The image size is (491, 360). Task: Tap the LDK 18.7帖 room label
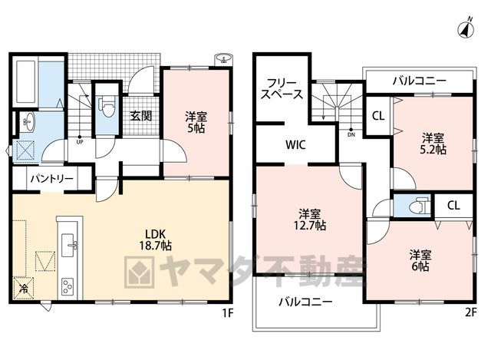(x=155, y=239)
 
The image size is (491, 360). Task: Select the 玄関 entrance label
(x=141, y=116)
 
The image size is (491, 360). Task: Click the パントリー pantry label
(x=51, y=179)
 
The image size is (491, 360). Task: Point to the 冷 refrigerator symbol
(x=24, y=289)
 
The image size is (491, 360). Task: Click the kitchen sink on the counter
(x=68, y=245)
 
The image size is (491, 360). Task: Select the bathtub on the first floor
(x=26, y=81)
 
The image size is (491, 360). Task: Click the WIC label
(x=295, y=145)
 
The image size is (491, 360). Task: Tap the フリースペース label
(x=282, y=88)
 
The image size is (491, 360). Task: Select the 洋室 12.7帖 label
(x=309, y=220)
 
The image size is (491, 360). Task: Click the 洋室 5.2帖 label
(x=433, y=144)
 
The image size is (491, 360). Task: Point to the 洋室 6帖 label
(x=420, y=260)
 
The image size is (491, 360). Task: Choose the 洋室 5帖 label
(x=196, y=122)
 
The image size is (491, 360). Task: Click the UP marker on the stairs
(x=80, y=140)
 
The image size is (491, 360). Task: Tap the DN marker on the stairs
(x=351, y=133)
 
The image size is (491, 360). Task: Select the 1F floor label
(x=228, y=312)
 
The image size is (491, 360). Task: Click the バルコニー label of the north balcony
(x=420, y=81)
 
